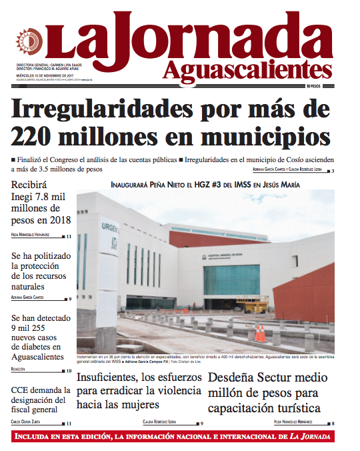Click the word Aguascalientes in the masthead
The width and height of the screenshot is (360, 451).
pyautogui.click(x=246, y=69)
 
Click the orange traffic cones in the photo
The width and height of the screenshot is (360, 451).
pyautogui.click(x=261, y=332)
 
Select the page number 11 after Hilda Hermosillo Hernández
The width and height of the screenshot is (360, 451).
pyautogui.click(x=69, y=236)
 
